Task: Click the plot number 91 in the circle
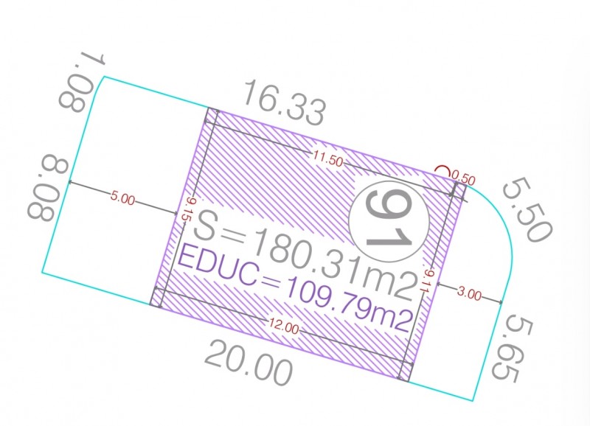[389, 221]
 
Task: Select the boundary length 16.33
[284, 102]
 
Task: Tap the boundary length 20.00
[249, 362]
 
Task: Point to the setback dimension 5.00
[122, 198]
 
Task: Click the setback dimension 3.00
[469, 293]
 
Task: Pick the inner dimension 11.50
[328, 159]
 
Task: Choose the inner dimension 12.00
[284, 327]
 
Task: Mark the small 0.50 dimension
[464, 178]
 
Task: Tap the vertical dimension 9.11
[428, 281]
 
